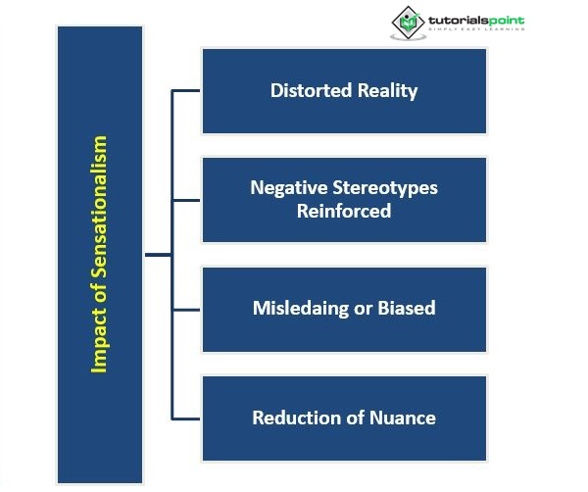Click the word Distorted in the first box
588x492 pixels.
pos(305,91)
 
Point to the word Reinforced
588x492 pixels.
pos(344,211)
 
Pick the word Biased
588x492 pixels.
pos(406,308)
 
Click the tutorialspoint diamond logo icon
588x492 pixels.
pos(408,22)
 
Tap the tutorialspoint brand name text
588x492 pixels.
pos(477,18)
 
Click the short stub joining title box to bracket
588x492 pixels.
pos(157,255)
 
